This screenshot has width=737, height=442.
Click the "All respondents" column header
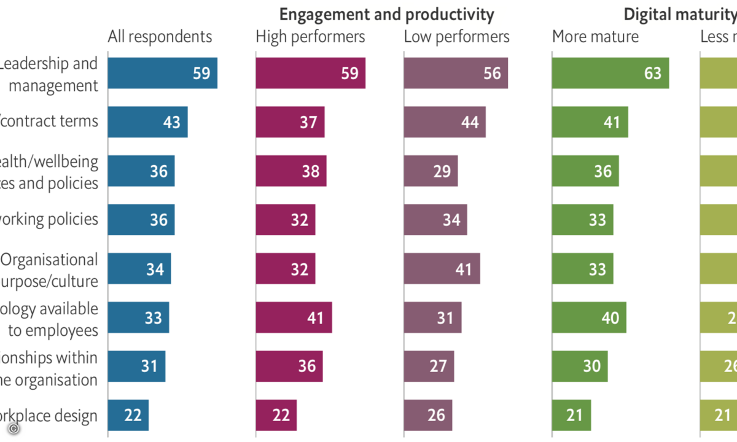tap(160, 37)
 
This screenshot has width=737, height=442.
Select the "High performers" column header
tap(310, 37)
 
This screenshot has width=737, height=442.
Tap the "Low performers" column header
tap(456, 37)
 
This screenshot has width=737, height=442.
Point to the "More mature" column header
tap(595, 37)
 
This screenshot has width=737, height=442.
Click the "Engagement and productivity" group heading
tap(387, 14)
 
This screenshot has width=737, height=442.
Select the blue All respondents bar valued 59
tap(162, 73)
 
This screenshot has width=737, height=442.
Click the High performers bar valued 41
tap(294, 317)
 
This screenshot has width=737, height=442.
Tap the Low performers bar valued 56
tap(456, 73)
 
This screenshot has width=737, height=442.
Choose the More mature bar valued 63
tap(610, 73)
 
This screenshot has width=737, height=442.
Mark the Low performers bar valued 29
tap(431, 171)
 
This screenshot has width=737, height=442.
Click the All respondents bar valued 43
tap(147, 122)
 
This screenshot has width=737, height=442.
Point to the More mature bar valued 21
tap(571, 416)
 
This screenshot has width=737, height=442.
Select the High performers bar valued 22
tap(276, 416)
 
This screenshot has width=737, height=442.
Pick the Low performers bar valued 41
tap(442, 268)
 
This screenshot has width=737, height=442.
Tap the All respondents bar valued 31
tap(136, 366)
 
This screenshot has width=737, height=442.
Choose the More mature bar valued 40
tap(589, 317)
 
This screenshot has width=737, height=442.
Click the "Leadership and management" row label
tap(49, 74)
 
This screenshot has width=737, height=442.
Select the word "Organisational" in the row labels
tap(49, 260)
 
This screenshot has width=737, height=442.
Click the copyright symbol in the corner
tap(12, 429)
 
